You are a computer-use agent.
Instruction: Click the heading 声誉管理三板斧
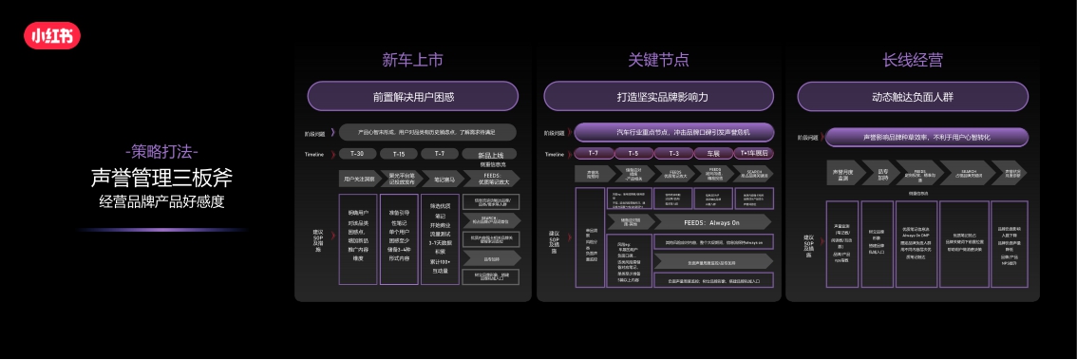[161, 177]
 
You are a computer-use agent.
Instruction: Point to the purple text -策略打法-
[161, 151]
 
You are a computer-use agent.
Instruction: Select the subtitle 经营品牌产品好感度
[161, 200]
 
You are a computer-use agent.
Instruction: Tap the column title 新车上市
[412, 60]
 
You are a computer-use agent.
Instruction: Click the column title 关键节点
[658, 60]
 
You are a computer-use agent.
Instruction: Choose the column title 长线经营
[912, 60]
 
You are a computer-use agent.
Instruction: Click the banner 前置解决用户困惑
[413, 96]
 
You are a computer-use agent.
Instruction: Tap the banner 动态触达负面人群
[912, 96]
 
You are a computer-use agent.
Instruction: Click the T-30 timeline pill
[358, 154]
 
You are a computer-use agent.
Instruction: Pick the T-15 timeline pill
[399, 154]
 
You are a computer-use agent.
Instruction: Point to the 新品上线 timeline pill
[490, 154]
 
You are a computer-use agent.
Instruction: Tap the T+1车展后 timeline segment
[752, 153]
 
